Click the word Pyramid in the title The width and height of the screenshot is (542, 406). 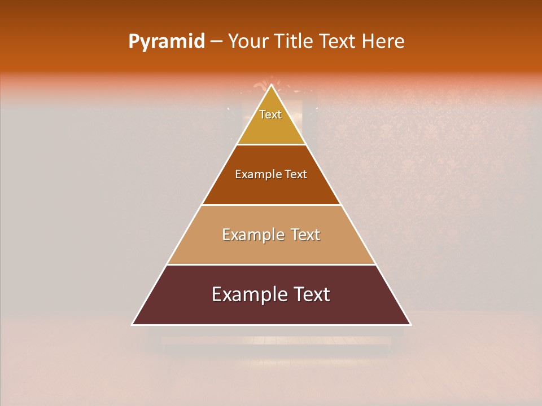pos(167,42)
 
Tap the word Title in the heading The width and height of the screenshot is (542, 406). pos(294,42)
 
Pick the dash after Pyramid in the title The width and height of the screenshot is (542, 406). pos(216,42)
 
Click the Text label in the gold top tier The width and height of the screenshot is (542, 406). pos(270,114)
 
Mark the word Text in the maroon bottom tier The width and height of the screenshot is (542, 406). pos(309,294)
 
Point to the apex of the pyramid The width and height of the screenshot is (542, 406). pos(272,85)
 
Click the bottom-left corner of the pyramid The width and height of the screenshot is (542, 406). pos(132,325)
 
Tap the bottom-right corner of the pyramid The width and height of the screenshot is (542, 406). pos(411,325)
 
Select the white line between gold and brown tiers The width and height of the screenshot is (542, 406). pos(272,145)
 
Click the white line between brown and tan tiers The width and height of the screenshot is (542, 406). pos(272,205)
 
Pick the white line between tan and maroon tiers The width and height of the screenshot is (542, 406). pos(272,264)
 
